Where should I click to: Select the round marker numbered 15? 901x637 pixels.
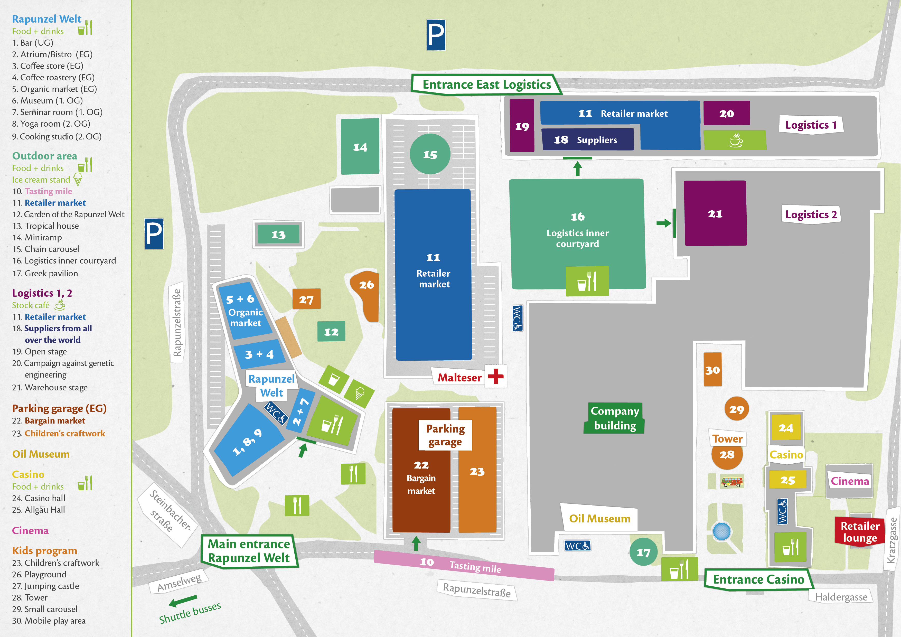click(430, 154)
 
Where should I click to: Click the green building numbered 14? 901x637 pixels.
click(360, 147)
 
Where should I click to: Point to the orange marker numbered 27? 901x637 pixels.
click(306, 299)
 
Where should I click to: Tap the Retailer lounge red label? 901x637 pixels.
click(859, 531)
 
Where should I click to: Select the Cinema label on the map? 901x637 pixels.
click(850, 481)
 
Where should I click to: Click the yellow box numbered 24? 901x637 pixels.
click(786, 427)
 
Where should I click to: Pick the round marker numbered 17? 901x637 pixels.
click(643, 552)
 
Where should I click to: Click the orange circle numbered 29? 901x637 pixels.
click(736, 409)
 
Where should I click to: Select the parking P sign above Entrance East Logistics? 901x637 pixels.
click(436, 35)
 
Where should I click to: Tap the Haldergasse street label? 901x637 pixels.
click(841, 597)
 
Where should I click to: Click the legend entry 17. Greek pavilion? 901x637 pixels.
click(45, 273)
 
